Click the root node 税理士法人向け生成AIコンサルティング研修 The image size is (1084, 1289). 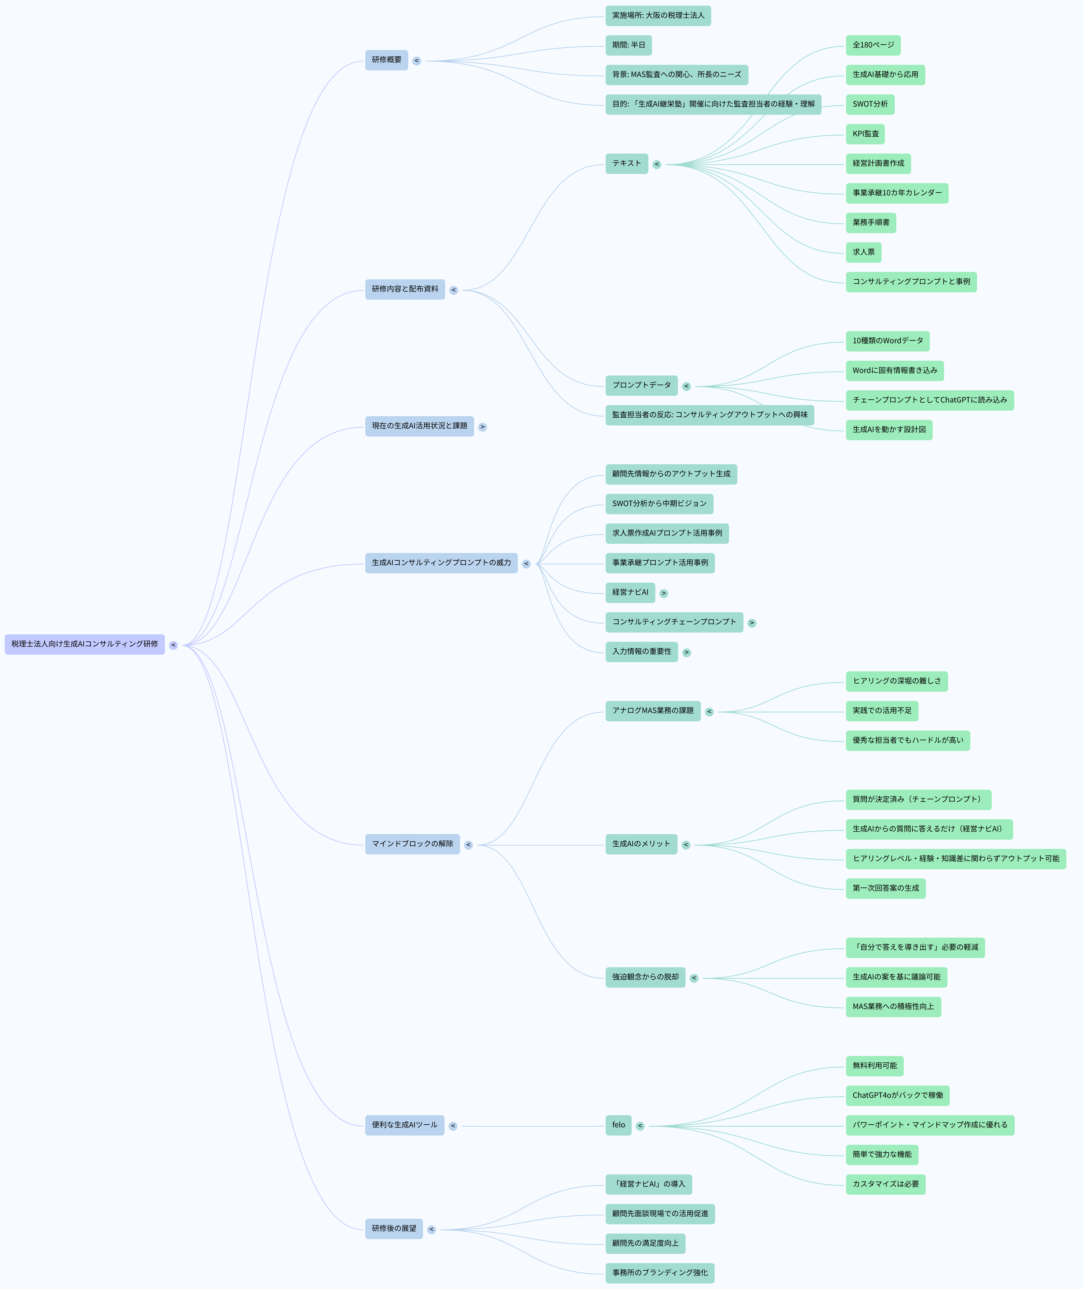point(85,644)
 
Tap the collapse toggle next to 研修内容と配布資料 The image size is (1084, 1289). point(454,290)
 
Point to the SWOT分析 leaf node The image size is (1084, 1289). point(870,104)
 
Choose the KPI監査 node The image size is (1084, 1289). point(865,134)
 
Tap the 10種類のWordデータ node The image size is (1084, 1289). point(887,341)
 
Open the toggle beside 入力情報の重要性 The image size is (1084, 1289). point(686,652)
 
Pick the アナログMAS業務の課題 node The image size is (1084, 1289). point(653,711)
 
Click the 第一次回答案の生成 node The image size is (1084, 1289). point(886,888)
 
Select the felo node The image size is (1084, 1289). point(618,1125)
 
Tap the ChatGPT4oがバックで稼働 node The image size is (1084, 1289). point(897,1095)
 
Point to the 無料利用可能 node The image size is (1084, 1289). point(874,1066)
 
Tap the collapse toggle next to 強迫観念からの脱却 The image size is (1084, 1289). point(694,978)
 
